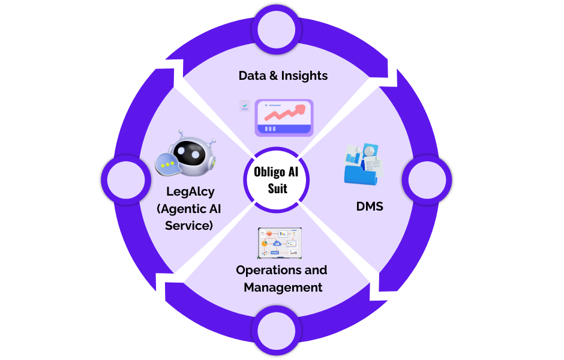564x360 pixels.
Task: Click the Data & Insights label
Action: coord(283,76)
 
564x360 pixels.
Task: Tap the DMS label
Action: coord(370,207)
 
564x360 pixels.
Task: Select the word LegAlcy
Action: coord(191,192)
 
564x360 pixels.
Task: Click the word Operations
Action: coord(265,270)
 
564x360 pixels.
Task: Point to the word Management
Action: coord(283,287)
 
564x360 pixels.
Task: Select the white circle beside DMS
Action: coord(427,180)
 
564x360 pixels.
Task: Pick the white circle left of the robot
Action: coord(125,179)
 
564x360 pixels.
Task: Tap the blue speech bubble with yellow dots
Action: coord(167,163)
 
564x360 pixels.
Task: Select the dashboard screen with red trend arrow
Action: coord(284,118)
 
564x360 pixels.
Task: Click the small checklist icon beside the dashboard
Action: coord(244,106)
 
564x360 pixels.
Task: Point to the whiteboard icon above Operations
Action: coord(280,242)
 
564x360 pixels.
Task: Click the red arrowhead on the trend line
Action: coord(300,109)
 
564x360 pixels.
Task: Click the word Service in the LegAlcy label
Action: coord(190,226)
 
